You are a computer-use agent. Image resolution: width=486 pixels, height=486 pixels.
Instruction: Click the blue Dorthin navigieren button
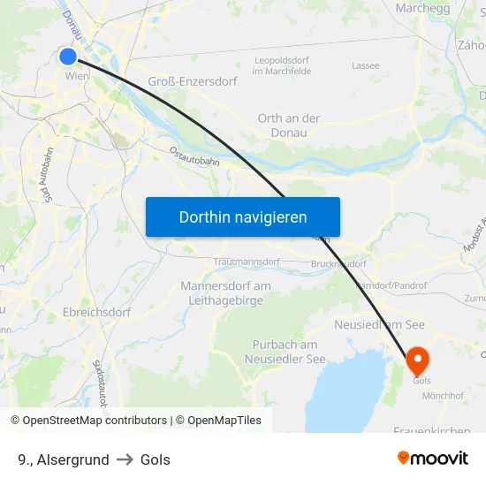click(x=243, y=216)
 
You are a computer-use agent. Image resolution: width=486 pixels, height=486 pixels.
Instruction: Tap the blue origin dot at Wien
click(x=69, y=57)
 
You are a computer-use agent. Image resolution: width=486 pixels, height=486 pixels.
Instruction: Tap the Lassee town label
click(x=365, y=65)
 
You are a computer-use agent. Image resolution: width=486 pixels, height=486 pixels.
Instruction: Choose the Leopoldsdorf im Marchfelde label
click(x=280, y=65)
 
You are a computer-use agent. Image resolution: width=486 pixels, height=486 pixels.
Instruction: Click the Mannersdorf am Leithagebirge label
click(x=225, y=292)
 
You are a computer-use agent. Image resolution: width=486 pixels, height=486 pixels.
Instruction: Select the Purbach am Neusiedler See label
click(x=285, y=352)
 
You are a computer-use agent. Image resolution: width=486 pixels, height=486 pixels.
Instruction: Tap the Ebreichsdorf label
click(x=96, y=312)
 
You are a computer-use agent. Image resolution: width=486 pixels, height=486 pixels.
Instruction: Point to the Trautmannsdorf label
click(x=247, y=262)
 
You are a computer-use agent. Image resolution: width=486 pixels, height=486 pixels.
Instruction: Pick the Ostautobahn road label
click(x=194, y=156)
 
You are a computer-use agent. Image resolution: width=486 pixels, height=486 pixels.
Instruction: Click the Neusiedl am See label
click(x=379, y=324)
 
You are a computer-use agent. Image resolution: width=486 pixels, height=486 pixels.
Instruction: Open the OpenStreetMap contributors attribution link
click(x=95, y=421)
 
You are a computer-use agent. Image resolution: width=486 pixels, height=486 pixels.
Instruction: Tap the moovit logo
click(x=432, y=458)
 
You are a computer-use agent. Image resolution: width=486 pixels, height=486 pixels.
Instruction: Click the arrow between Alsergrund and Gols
click(x=125, y=459)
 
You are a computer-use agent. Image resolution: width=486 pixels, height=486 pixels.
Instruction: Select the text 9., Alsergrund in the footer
click(x=63, y=459)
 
